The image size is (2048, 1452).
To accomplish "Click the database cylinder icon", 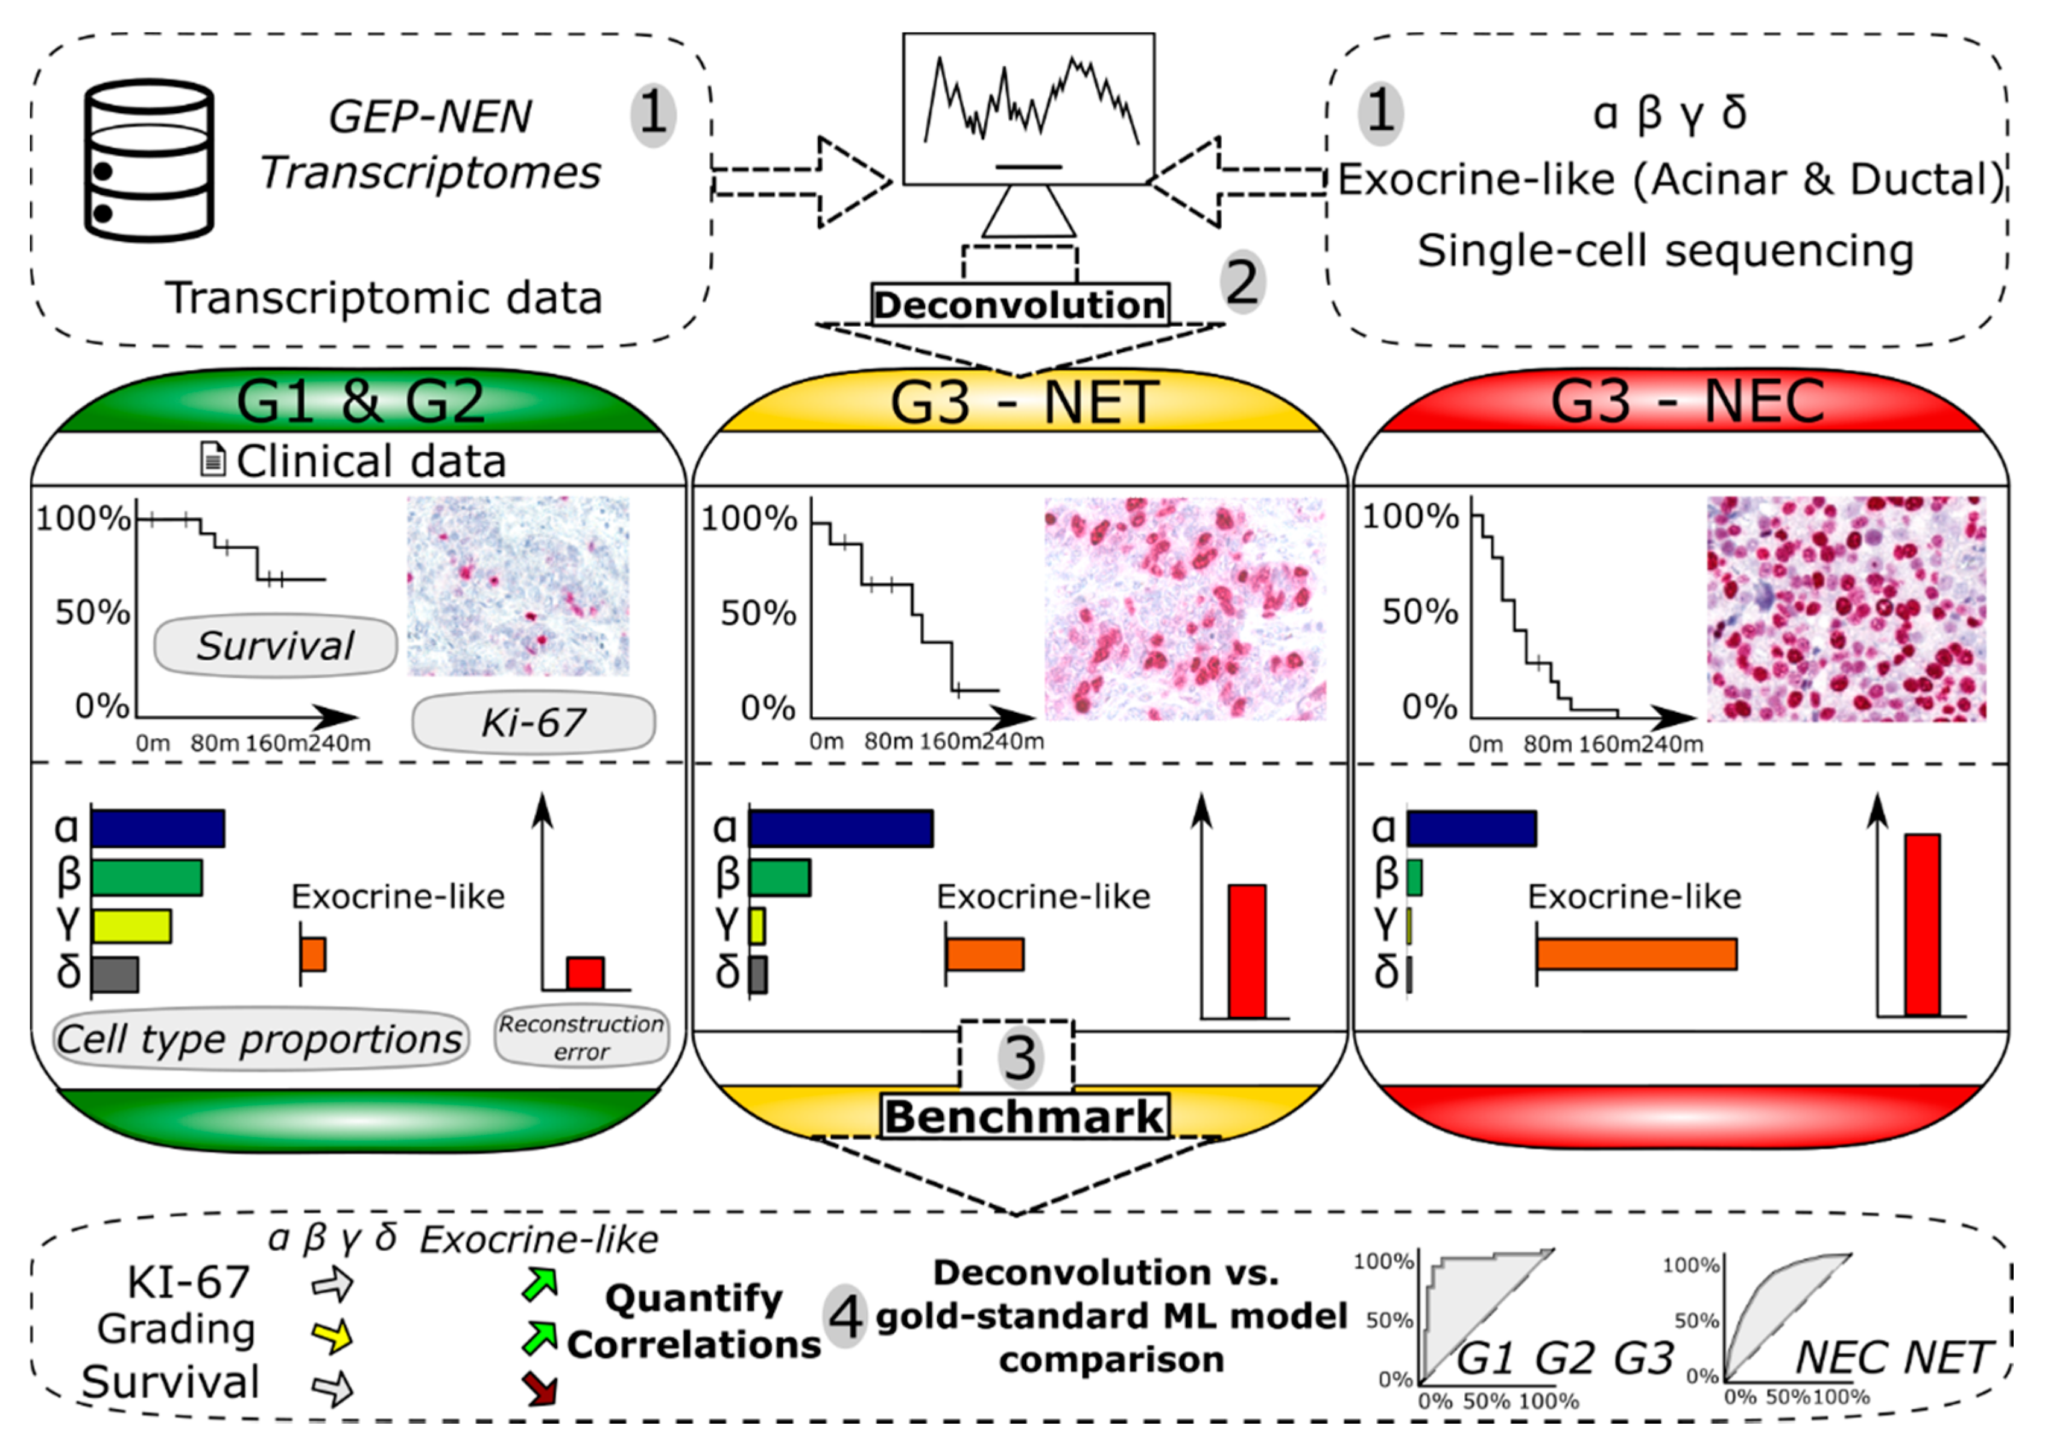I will [150, 161].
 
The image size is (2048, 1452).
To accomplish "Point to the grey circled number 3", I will [1018, 1058].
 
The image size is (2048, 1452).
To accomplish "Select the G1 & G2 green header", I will [359, 402].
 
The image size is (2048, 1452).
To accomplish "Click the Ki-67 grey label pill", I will [534, 722].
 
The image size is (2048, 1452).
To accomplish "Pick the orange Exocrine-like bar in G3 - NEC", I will [1637, 954].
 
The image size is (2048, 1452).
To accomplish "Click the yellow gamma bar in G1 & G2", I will [131, 926].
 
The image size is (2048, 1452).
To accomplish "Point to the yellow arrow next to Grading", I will [332, 1335].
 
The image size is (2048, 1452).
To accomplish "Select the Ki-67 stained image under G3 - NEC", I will [1847, 609].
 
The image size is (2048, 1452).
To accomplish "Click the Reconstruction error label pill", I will [581, 1037].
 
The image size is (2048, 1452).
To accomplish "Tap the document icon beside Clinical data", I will [212, 461].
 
